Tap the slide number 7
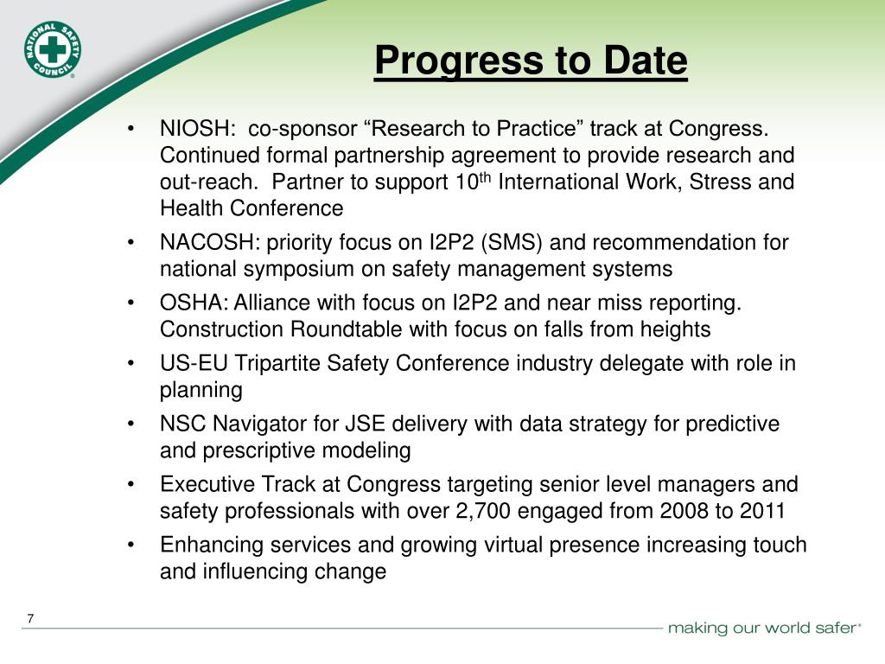[x=30, y=618]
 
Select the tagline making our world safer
[x=764, y=628]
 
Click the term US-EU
[x=188, y=364]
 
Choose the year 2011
[x=763, y=511]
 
